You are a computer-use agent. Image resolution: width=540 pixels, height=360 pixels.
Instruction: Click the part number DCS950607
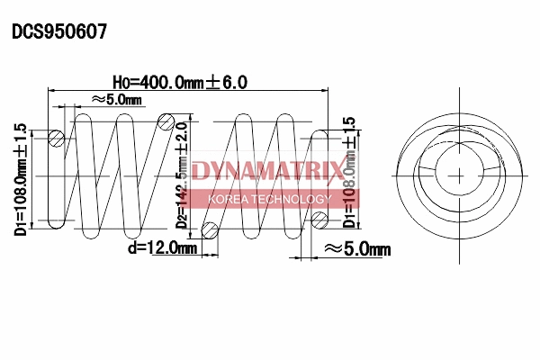(x=59, y=31)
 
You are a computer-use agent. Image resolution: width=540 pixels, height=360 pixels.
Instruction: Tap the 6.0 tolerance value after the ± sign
(x=233, y=82)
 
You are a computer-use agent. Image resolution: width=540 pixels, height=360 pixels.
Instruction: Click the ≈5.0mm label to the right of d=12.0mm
(x=356, y=248)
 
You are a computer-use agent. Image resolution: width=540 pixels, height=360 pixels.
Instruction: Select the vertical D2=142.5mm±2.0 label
(x=184, y=175)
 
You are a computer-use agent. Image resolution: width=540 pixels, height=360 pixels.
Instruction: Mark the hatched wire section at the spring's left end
(x=57, y=139)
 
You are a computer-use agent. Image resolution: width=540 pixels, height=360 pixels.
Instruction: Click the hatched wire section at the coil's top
(x=166, y=121)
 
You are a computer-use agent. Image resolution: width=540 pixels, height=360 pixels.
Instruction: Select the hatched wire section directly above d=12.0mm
(x=211, y=229)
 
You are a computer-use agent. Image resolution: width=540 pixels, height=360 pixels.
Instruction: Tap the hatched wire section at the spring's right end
(x=318, y=219)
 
